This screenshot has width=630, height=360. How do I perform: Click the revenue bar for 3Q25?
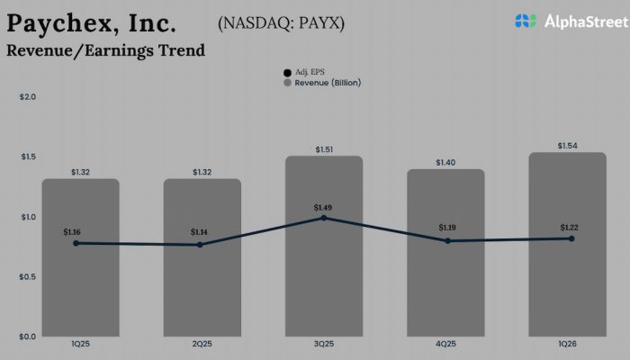click(324, 270)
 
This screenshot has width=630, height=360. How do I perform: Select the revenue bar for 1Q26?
click(568, 279)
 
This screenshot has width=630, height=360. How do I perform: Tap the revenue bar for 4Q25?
click(446, 288)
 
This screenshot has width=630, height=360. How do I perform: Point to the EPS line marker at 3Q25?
click(324, 218)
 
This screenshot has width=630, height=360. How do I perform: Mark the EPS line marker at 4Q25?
click(446, 241)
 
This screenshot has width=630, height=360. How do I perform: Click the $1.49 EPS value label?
click(324, 207)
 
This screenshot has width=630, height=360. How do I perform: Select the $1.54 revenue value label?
click(568, 145)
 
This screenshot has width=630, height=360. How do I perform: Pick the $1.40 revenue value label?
click(446, 162)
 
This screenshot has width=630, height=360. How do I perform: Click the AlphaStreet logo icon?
click(526, 21)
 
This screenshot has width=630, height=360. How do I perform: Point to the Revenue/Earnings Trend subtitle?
click(105, 50)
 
